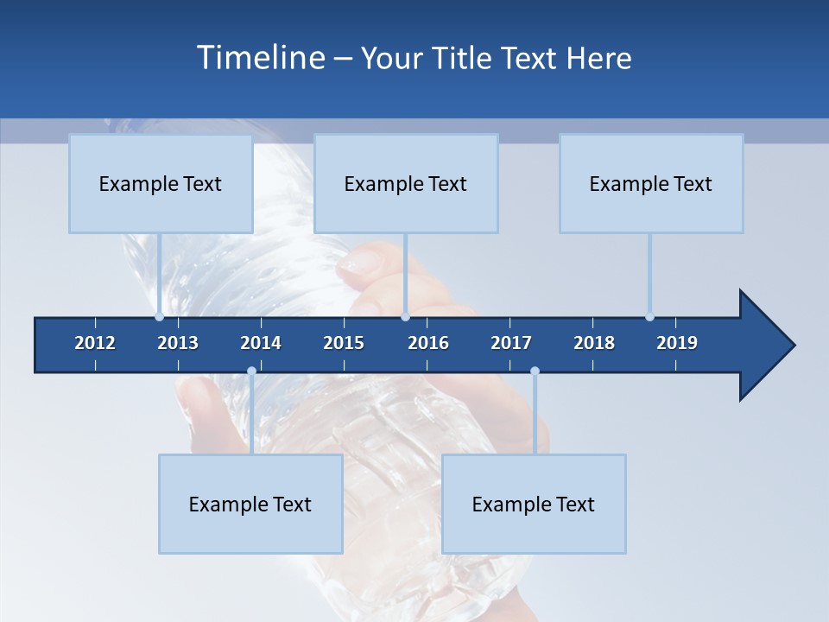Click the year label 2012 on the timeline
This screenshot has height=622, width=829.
click(95, 343)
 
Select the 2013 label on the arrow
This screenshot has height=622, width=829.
click(178, 343)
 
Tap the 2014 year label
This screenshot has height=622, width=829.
click(261, 343)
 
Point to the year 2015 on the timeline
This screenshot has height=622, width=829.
click(344, 343)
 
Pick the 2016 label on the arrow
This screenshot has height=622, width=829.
click(428, 343)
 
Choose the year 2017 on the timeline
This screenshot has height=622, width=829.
click(511, 343)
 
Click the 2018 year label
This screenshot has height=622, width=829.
click(594, 343)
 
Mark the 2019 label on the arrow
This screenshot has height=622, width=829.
click(677, 343)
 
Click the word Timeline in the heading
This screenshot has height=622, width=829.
click(259, 58)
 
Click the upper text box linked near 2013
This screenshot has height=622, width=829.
click(161, 183)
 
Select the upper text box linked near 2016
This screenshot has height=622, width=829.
click(406, 183)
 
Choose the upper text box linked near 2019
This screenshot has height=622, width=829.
click(651, 183)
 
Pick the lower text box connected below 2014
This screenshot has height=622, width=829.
click(250, 504)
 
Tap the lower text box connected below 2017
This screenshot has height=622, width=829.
click(534, 504)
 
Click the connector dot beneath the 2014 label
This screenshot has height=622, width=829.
click(251, 371)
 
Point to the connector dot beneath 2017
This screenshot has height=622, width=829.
click(535, 371)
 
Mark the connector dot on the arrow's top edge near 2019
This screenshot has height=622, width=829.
click(649, 317)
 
